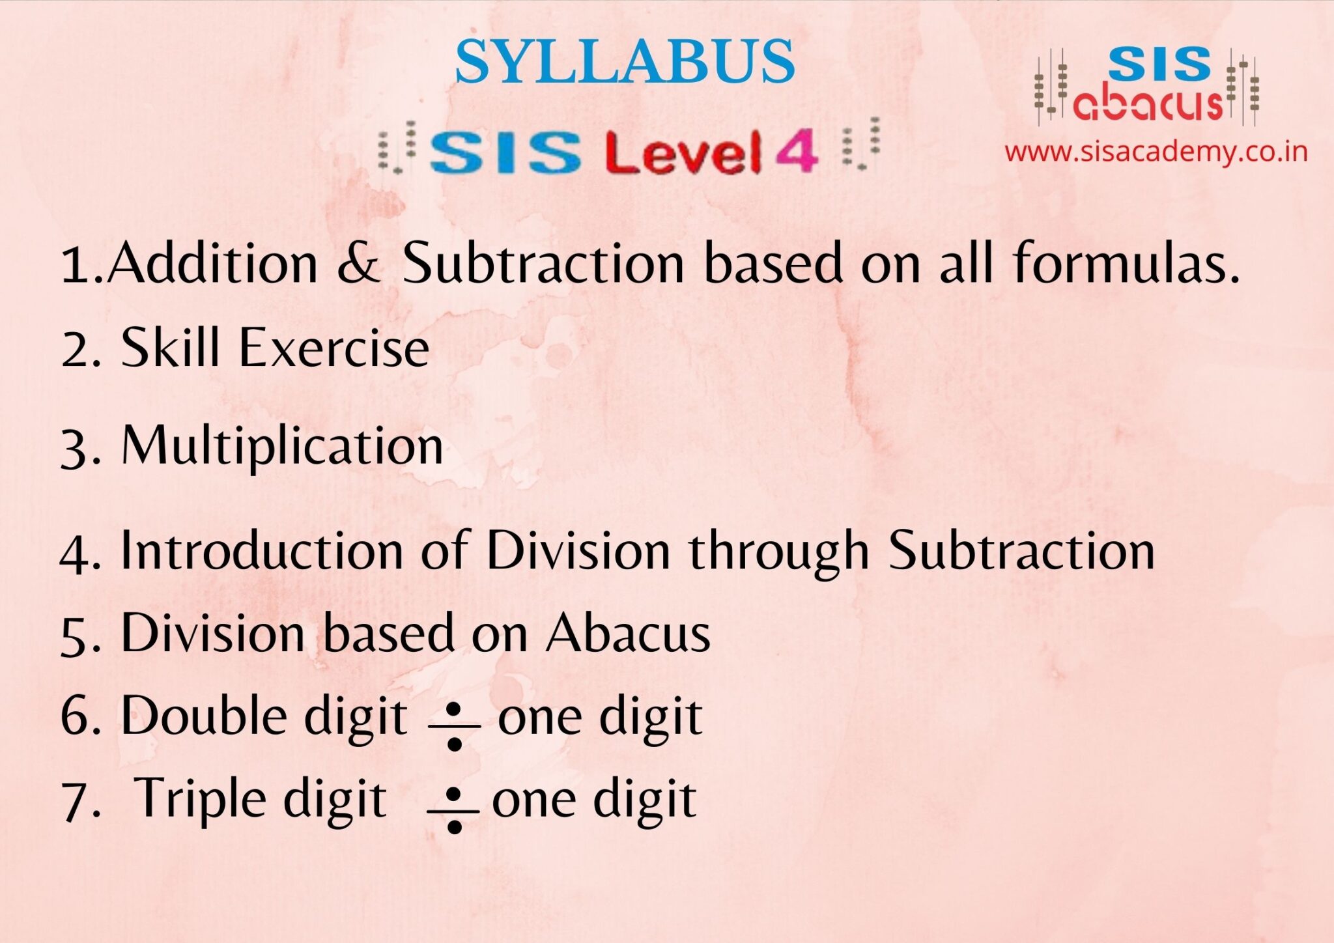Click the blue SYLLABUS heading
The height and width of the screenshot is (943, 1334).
point(625,61)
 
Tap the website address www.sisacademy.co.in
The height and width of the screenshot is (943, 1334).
point(1156,152)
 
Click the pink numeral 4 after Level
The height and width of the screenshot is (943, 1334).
point(796,150)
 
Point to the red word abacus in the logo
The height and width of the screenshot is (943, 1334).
point(1148,104)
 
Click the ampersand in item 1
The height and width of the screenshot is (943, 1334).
point(358,263)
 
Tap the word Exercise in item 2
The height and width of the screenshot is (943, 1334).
point(334,348)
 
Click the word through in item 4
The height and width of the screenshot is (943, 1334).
point(779,554)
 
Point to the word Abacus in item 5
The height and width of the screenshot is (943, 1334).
point(628,633)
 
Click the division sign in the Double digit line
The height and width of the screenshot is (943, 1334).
point(455,725)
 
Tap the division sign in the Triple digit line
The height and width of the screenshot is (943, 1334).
point(454,810)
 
